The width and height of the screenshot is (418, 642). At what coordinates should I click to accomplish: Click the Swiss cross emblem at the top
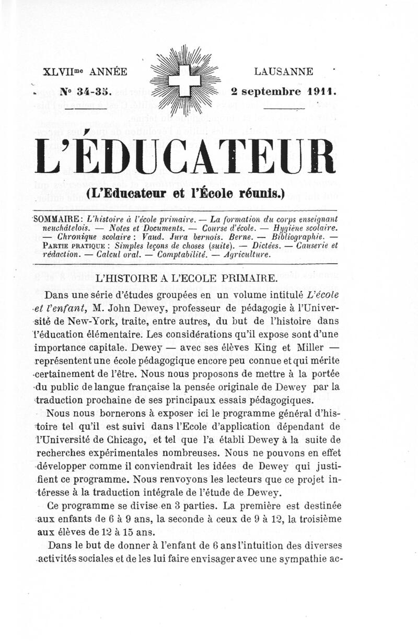click(187, 81)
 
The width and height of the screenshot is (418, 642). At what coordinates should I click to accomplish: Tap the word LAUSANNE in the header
click(284, 71)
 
